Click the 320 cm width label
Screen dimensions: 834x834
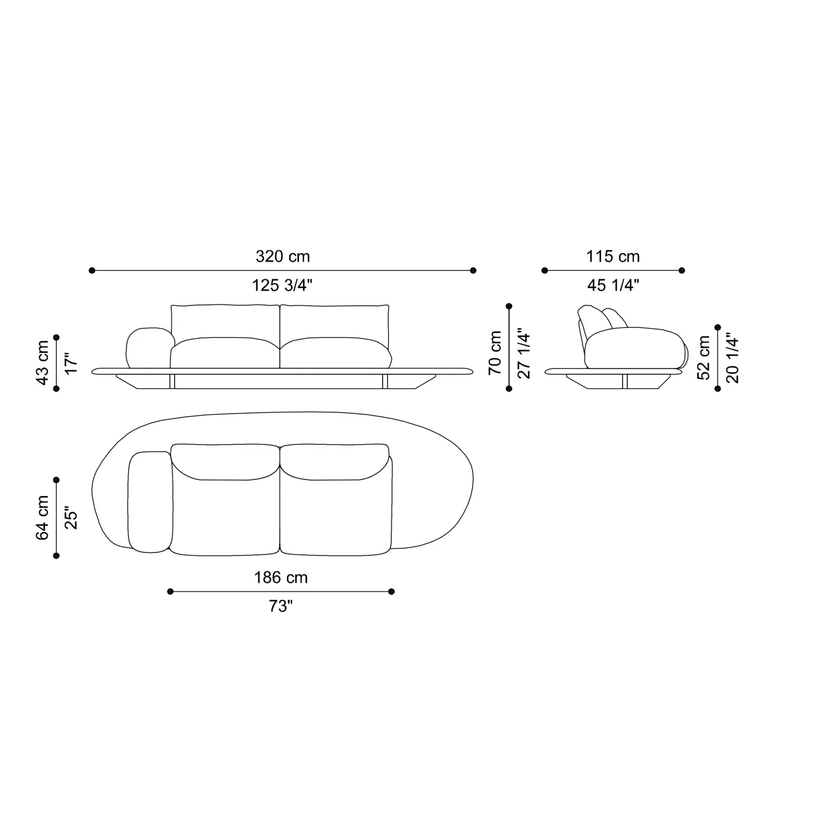[x=282, y=256]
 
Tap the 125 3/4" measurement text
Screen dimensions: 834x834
[x=282, y=285]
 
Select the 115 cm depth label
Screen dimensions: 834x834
[x=613, y=256]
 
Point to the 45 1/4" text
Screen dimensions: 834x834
[x=613, y=285]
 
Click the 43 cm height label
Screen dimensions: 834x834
[x=43, y=363]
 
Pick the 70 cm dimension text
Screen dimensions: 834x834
[x=495, y=353]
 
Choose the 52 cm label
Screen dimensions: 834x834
[x=704, y=358]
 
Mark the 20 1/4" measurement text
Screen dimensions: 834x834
[x=733, y=358]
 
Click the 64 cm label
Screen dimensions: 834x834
[x=43, y=518]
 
